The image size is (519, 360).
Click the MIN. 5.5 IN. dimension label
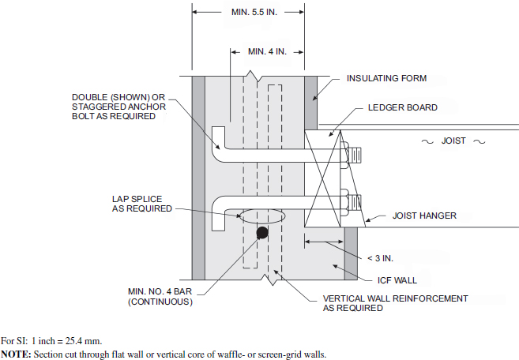pos(256,13)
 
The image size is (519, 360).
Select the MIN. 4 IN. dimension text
pos(267,51)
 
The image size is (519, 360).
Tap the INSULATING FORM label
pos(387,78)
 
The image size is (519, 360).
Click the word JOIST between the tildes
pos(453,141)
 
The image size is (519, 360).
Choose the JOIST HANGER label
pos(425,215)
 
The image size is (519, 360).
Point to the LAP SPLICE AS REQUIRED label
pos(142,204)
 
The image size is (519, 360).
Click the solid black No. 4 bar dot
pos(261,234)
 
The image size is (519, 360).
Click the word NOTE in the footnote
pos(15,354)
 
